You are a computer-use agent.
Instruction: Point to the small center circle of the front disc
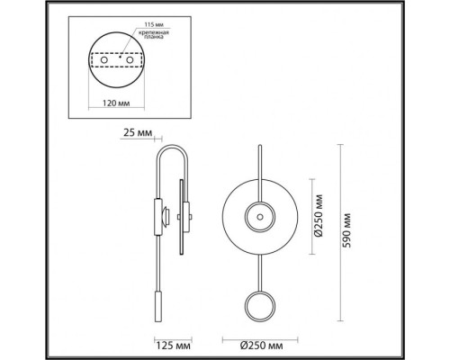(258, 217)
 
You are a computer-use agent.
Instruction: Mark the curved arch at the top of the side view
(171, 148)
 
